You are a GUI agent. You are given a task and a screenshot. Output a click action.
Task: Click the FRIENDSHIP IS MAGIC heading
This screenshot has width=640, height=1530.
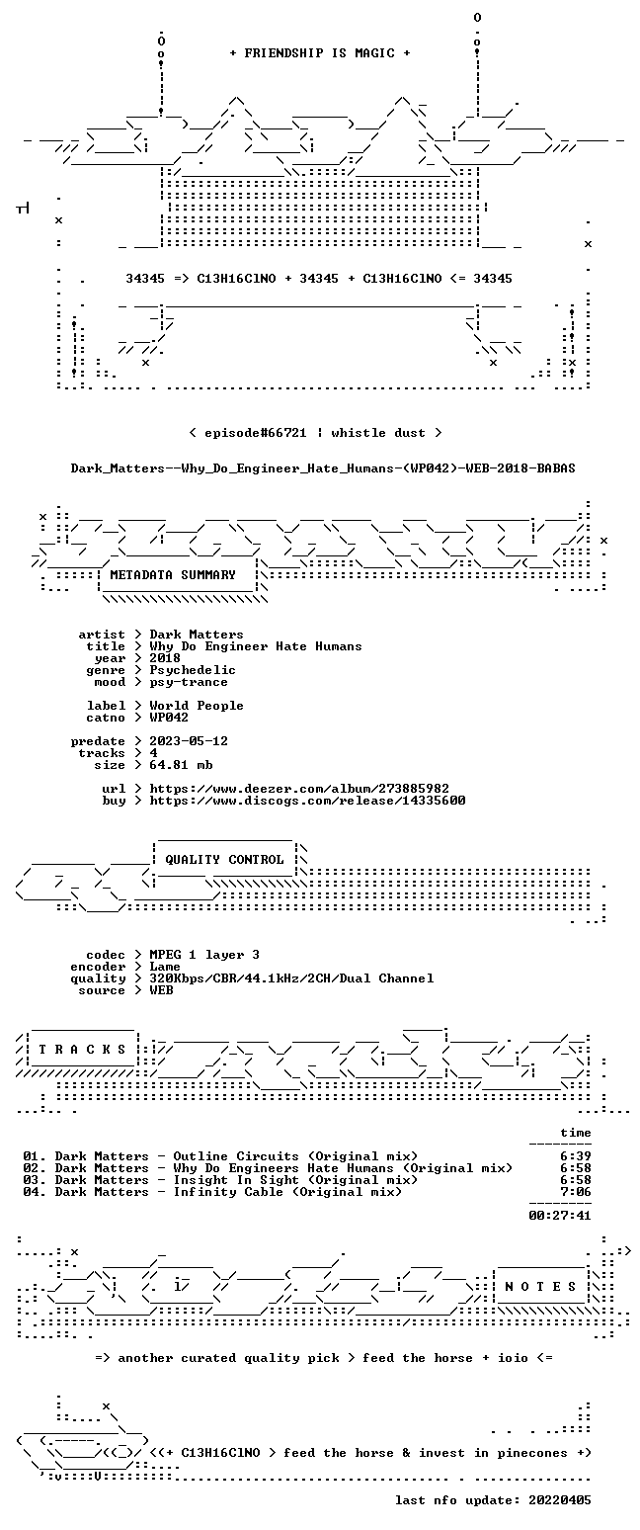pyautogui.click(x=320, y=53)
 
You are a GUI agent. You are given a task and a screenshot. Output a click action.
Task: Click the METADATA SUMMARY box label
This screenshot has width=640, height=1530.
pyautogui.click(x=173, y=575)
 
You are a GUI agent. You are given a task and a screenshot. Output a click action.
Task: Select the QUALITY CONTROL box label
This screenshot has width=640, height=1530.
pyautogui.click(x=224, y=860)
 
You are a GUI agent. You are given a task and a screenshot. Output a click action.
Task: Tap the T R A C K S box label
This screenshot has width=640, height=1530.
pyautogui.click(x=83, y=1049)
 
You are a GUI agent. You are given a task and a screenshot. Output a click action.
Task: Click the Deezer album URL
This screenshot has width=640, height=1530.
pyautogui.click(x=299, y=789)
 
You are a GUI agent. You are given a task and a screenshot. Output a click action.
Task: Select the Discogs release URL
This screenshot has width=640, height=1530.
pyautogui.click(x=308, y=801)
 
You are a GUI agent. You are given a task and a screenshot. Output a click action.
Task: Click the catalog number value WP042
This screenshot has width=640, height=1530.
pyautogui.click(x=169, y=718)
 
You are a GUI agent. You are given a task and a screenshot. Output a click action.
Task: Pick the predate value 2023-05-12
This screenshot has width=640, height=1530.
pyautogui.click(x=189, y=741)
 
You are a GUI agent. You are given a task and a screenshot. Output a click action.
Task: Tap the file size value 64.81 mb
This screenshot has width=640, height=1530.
pyautogui.click(x=181, y=765)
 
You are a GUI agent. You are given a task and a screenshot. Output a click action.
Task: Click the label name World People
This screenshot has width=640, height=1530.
pyautogui.click(x=197, y=706)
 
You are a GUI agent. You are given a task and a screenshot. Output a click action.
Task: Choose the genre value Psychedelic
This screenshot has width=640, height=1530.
pyautogui.click(x=193, y=670)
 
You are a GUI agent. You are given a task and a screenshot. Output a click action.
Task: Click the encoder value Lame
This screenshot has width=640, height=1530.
pyautogui.click(x=165, y=967)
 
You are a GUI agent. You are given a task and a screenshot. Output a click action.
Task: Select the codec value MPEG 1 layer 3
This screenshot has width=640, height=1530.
pyautogui.click(x=204, y=955)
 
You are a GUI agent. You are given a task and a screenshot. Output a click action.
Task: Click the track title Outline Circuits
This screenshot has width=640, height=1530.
pyautogui.click(x=236, y=1156)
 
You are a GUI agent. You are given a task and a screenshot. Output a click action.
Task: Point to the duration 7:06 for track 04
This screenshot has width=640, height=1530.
pyautogui.click(x=576, y=1192)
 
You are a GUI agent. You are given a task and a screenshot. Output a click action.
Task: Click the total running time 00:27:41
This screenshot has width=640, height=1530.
pyautogui.click(x=560, y=1215)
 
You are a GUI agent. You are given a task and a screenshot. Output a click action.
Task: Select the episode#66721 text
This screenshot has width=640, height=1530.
pyautogui.click(x=256, y=433)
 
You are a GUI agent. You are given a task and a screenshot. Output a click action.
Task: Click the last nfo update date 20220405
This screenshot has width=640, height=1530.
pyautogui.click(x=560, y=1500)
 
